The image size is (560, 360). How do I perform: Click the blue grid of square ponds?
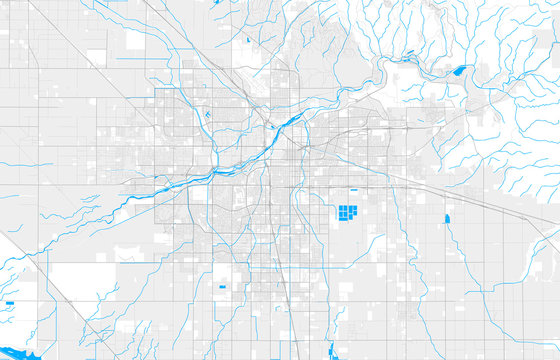[x=347, y=213]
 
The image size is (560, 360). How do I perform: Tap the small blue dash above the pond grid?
[x=353, y=190]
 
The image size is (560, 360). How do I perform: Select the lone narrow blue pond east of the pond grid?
[x=446, y=218]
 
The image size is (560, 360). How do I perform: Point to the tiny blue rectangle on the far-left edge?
[x=9, y=302]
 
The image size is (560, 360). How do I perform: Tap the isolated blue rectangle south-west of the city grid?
[x=221, y=288]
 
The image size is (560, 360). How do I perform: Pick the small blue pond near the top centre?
[x=247, y=41]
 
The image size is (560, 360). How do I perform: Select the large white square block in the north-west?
[x=136, y=41]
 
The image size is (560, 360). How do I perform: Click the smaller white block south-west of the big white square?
[x=96, y=57]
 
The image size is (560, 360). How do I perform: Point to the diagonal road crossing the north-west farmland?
[x=60, y=40]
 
